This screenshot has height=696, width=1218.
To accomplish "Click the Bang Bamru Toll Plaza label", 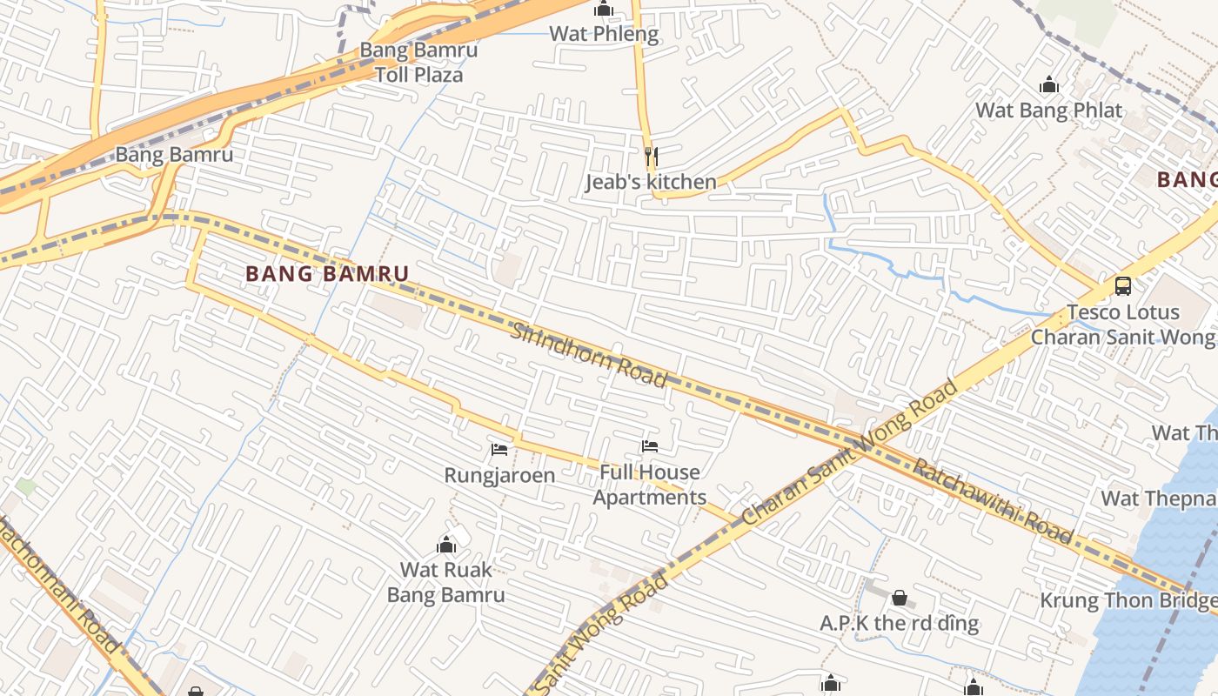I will pos(418,62).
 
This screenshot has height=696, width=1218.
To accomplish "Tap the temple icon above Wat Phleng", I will pos(604,10).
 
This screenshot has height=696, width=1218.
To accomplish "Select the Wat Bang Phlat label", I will pos(1048,110).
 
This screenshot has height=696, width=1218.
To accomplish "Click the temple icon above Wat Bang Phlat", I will pos(1049,85).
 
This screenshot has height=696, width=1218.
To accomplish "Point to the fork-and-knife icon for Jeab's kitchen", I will pos(651,157).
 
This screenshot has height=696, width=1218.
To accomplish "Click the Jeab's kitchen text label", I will pos(651,182).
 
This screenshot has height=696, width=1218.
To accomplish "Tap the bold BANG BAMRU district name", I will pos(327,274).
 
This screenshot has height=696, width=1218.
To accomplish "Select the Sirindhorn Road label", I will pos(588,355).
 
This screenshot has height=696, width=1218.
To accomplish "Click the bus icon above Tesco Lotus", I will pos(1122,285).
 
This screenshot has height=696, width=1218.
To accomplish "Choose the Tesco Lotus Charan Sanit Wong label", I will pos(1122,325).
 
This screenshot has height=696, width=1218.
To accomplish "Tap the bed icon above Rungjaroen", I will pos(499,450).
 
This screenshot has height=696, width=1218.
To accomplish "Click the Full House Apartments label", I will pos(650,485).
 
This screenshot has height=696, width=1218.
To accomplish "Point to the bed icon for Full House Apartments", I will pos(650,446).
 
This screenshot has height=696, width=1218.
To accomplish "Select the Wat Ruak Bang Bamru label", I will pos(446,582).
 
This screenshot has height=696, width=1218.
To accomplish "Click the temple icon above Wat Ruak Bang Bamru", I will pos(446,545).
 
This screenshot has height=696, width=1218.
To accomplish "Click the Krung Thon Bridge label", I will pos(1128,600).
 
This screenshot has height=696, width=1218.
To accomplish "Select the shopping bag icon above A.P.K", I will pos(900,598).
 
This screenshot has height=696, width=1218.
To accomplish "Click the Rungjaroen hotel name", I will pos(499,475).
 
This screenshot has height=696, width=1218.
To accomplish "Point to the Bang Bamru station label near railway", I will pos(174,155).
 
